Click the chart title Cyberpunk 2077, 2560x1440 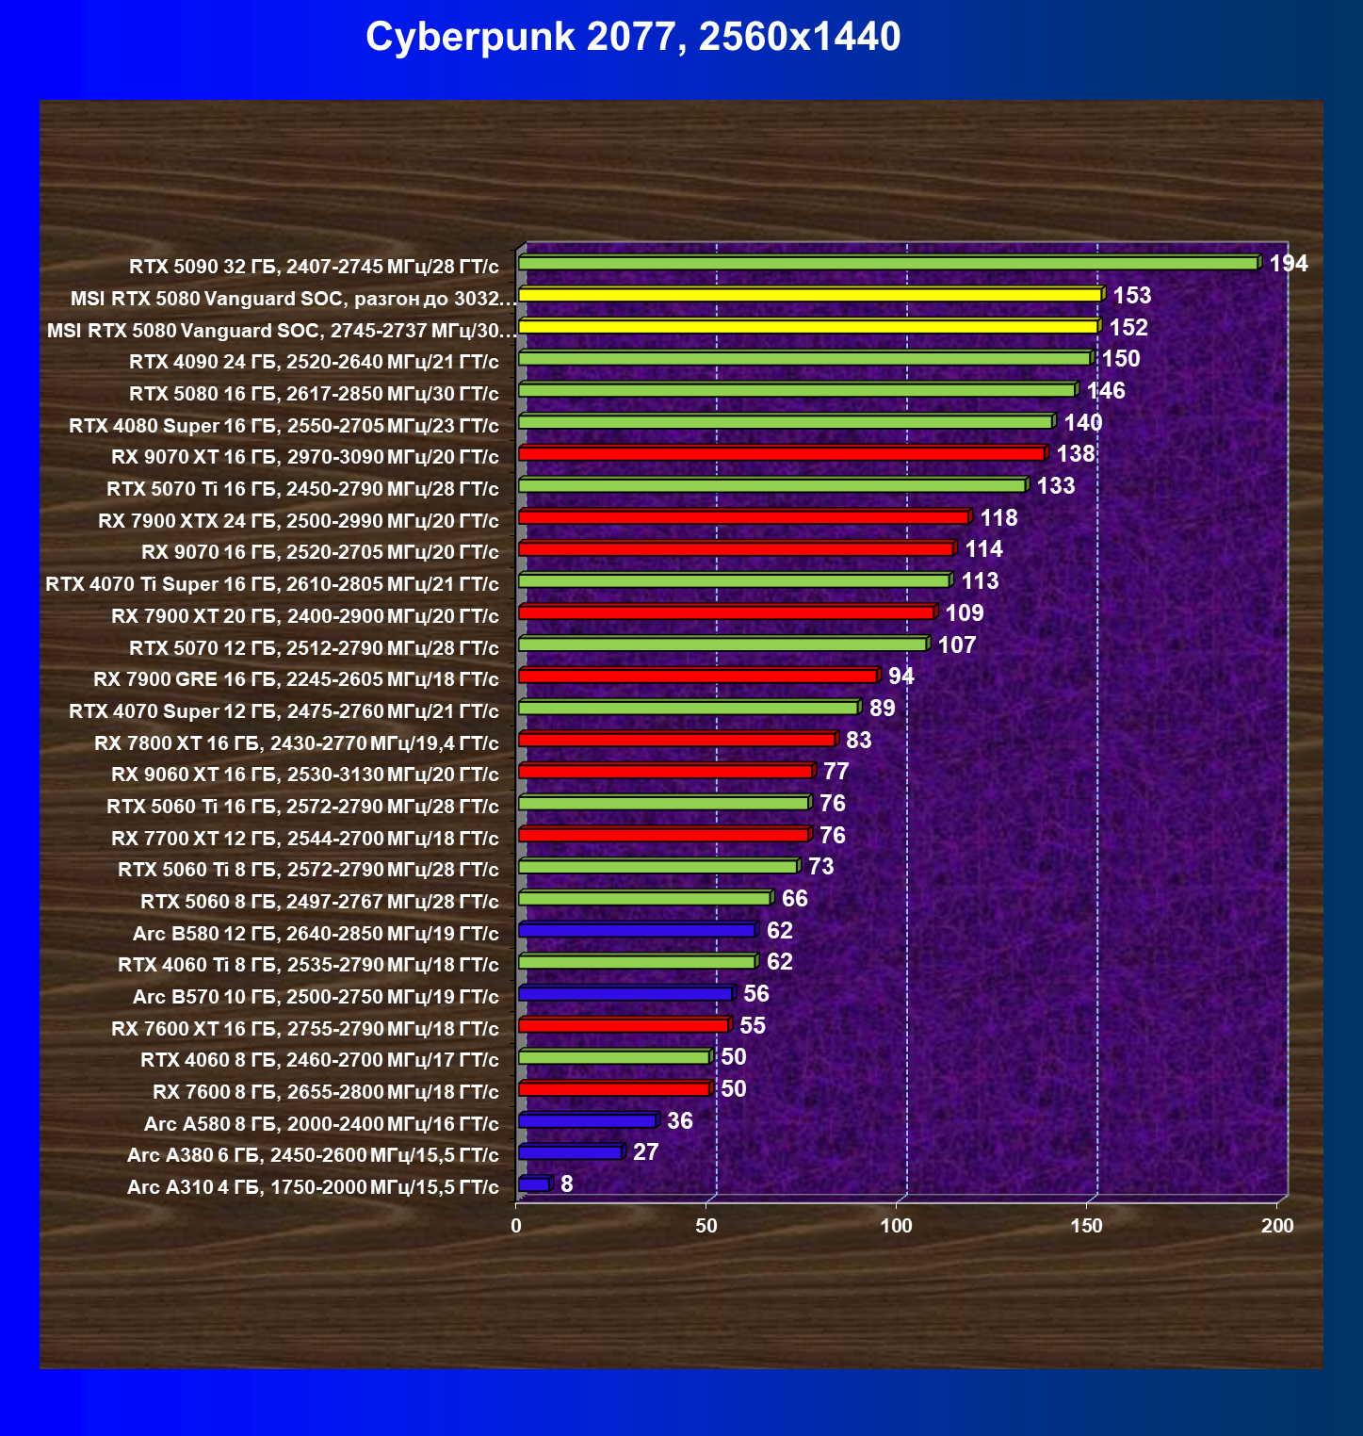(x=633, y=38)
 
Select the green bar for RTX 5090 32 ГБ (x=887, y=263)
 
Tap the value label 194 (x=1288, y=264)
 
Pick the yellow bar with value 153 (x=810, y=295)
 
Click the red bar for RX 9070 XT (x=782, y=454)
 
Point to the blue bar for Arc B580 (x=637, y=931)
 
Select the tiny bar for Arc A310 (x=534, y=1184)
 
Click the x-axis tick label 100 (x=896, y=1226)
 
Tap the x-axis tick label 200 (x=1277, y=1226)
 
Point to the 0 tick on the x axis (x=516, y=1226)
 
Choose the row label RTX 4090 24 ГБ (x=314, y=362)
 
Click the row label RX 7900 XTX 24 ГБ (x=299, y=521)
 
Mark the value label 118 (x=998, y=518)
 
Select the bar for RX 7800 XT (x=676, y=740)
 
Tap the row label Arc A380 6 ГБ (x=313, y=1155)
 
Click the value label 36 (x=679, y=1121)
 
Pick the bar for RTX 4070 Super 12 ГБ (x=688, y=708)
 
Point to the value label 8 (x=566, y=1184)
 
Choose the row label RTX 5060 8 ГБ (x=319, y=902)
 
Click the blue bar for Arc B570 (x=625, y=994)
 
